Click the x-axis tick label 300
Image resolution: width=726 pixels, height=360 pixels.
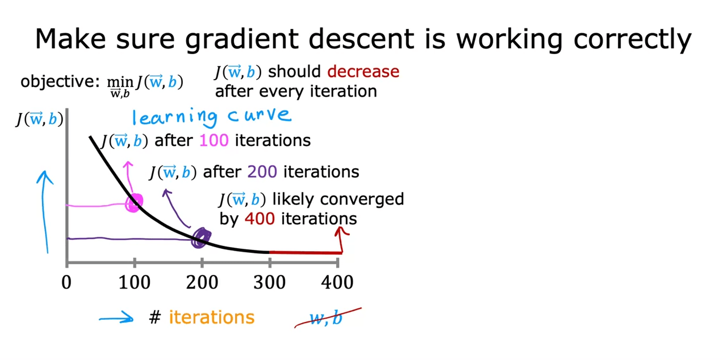click(x=269, y=282)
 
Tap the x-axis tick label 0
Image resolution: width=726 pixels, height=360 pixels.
click(x=66, y=282)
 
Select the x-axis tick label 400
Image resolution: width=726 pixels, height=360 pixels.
click(x=337, y=282)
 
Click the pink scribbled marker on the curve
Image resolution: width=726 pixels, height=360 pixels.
click(x=134, y=203)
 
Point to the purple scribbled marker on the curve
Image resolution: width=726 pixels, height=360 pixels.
click(x=201, y=238)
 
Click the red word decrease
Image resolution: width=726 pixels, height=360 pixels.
click(x=363, y=72)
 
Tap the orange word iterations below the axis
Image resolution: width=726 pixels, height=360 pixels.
click(x=212, y=317)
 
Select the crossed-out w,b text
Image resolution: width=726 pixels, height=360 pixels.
click(x=326, y=318)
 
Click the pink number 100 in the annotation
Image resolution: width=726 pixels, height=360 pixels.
click(x=214, y=140)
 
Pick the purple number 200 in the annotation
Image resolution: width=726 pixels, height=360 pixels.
click(x=262, y=172)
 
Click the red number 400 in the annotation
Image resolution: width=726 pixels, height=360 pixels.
click(x=259, y=219)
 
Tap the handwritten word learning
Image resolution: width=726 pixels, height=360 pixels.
click(x=175, y=117)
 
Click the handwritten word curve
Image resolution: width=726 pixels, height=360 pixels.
click(x=259, y=115)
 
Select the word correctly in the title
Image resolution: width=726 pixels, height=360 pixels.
click(x=632, y=39)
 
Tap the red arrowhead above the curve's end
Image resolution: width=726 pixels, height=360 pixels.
click(x=342, y=232)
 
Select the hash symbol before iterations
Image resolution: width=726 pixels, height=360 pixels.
click(x=155, y=317)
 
